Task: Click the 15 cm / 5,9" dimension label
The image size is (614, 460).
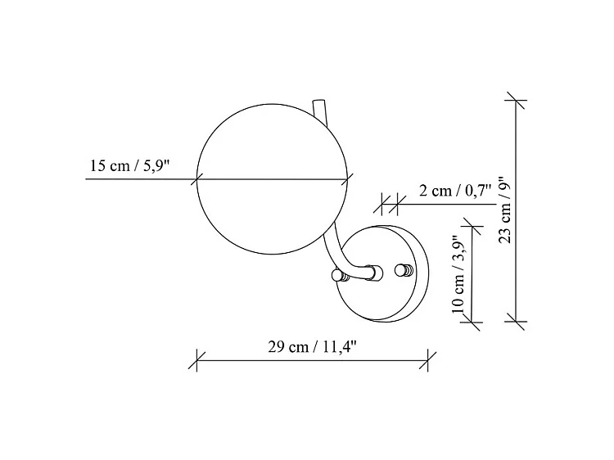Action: coord(129,166)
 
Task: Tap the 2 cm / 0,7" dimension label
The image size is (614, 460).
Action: coord(455,191)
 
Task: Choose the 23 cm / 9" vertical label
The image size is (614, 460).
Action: coord(505,211)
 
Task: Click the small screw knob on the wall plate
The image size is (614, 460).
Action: coord(403,271)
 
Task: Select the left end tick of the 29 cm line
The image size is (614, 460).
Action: coord(197,358)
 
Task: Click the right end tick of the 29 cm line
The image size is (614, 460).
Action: coord(428,358)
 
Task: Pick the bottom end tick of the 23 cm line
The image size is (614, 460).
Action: coord(516,321)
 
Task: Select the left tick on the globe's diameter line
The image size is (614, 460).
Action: coord(197,178)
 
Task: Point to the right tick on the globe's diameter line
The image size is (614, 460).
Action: coord(351,178)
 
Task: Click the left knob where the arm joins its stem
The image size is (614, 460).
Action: coord(336,274)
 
